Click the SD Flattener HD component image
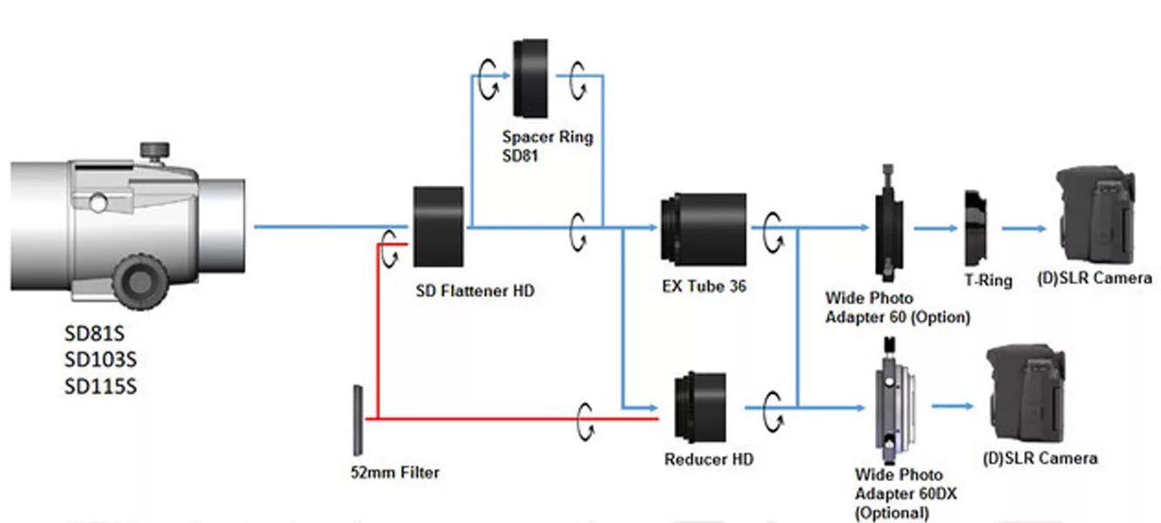[438, 227]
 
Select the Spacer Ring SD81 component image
[529, 78]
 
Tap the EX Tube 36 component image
[704, 229]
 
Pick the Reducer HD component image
[701, 408]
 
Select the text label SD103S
[100, 359]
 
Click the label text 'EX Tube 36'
[704, 286]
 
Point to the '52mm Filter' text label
[394, 472]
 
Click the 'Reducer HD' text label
[708, 458]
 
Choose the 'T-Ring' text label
[988, 281]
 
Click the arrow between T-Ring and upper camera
[1022, 228]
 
